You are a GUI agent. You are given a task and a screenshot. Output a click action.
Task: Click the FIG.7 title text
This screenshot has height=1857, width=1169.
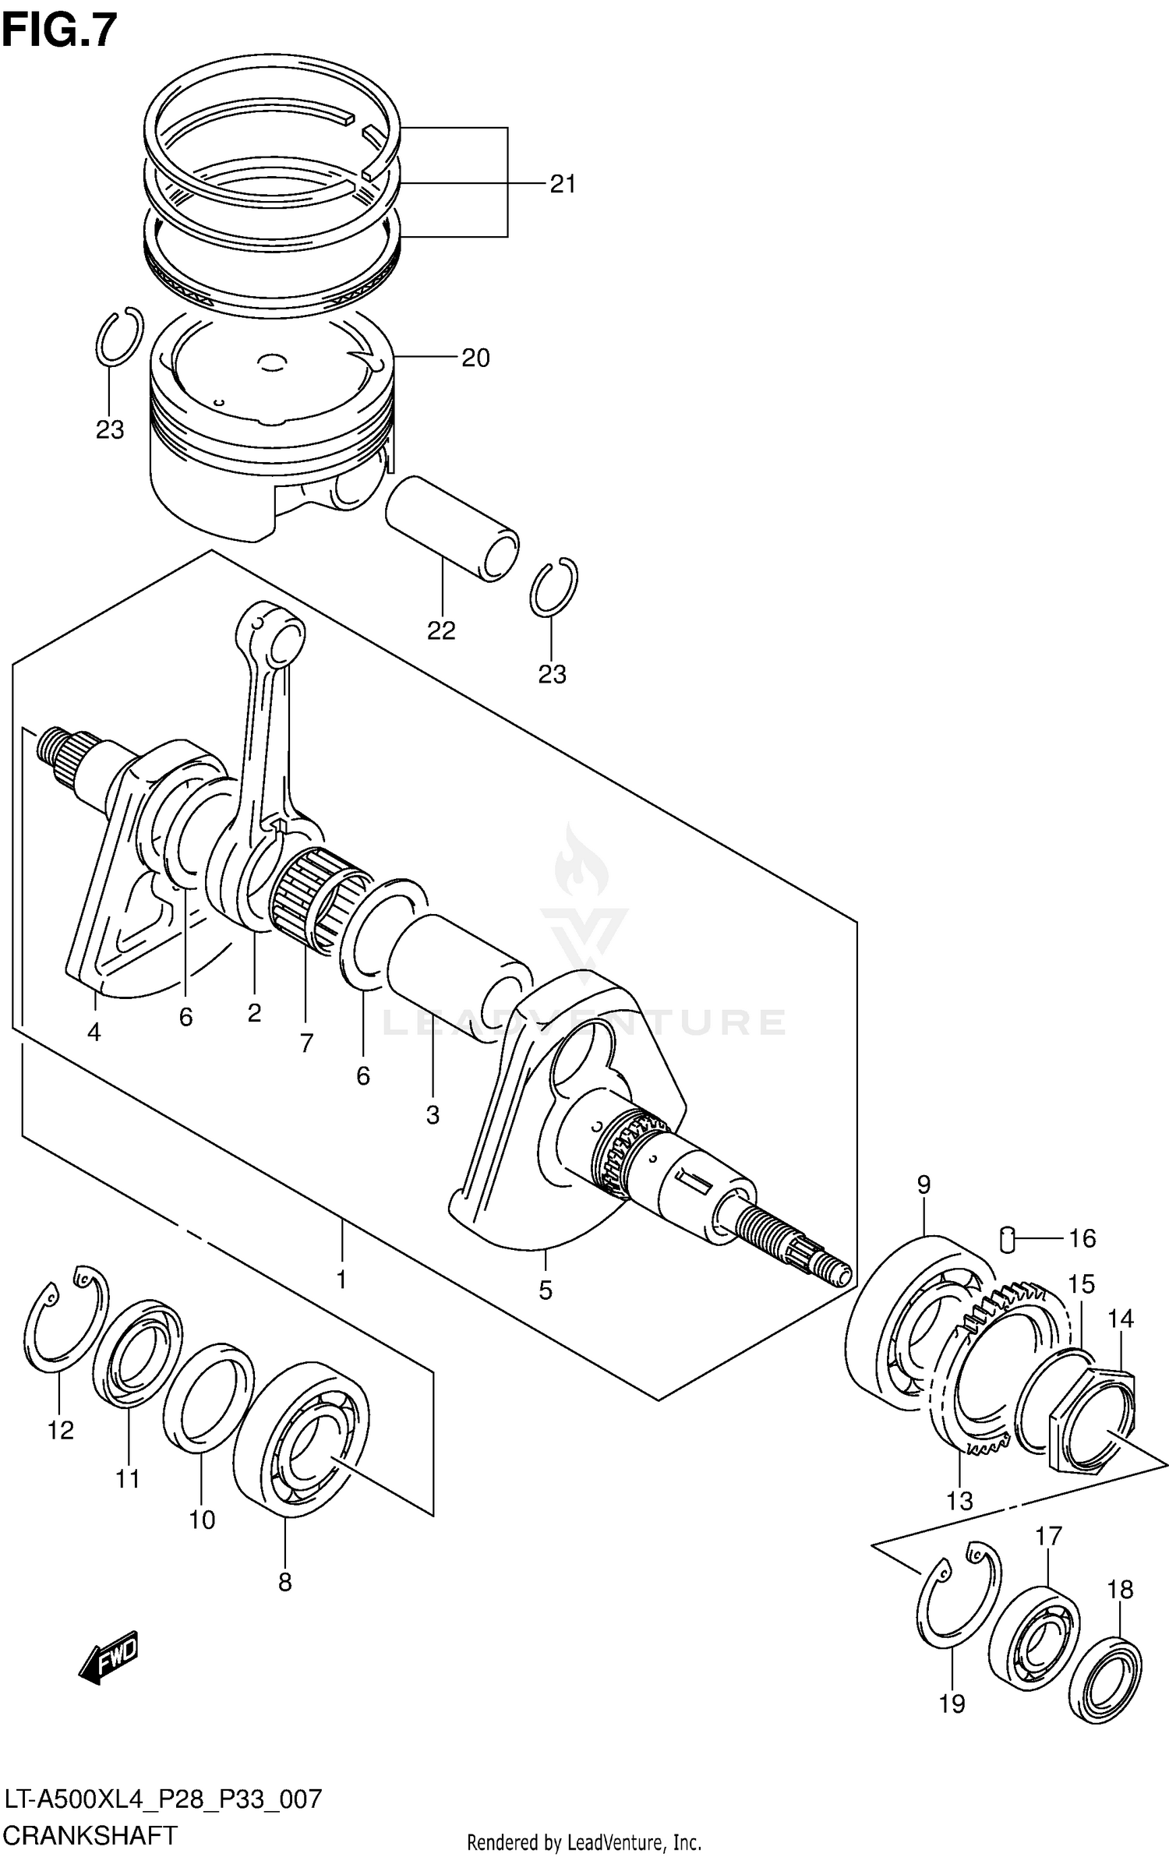pos(59,31)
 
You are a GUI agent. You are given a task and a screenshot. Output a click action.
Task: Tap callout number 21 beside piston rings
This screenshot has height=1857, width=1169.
pos(562,185)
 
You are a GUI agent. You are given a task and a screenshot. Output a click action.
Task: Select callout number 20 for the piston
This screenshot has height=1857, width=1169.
pos(475,358)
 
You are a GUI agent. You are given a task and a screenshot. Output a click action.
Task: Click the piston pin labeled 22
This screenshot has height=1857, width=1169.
pos(452,530)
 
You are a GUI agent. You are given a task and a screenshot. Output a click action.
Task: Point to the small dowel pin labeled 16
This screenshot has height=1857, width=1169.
pos(1007,1238)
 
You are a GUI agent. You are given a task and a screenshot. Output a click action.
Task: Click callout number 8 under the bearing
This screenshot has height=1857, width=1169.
pos(284,1582)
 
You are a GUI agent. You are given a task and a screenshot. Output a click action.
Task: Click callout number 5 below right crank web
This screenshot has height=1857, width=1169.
pos(545,1290)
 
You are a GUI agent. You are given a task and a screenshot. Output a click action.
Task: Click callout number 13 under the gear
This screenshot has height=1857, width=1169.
pos(959,1501)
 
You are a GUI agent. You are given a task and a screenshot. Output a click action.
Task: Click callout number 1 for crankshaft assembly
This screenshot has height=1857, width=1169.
pos(341,1280)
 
